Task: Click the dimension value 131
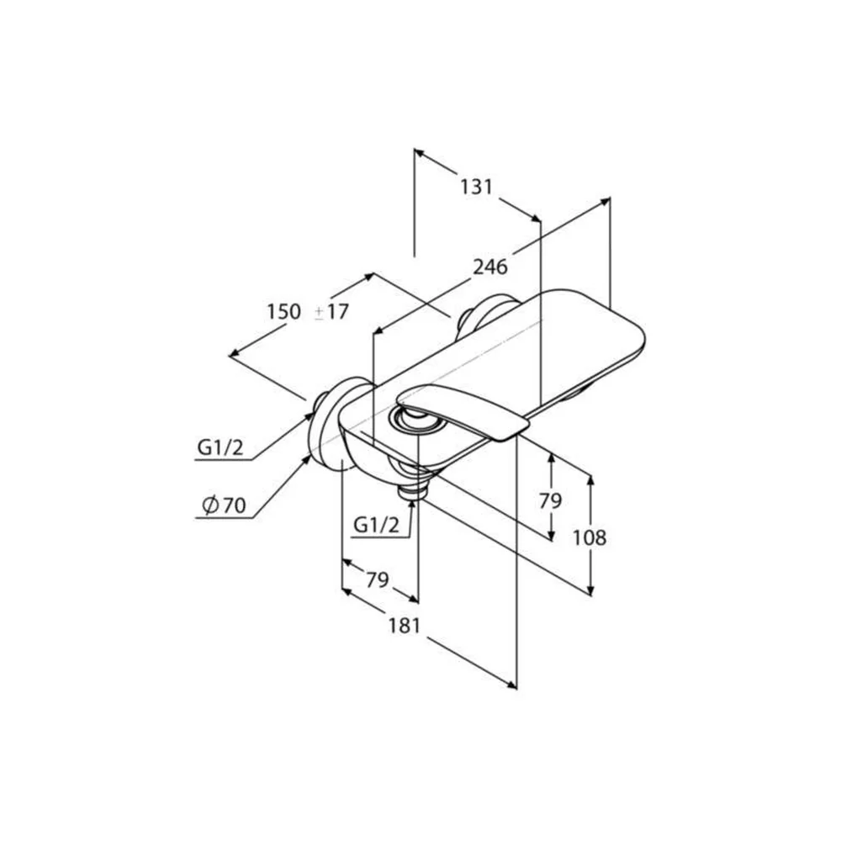(x=476, y=187)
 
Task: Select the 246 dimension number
(x=489, y=266)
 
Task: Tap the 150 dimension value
(x=284, y=311)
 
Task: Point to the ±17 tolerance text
(x=331, y=312)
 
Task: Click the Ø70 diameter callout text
(x=224, y=505)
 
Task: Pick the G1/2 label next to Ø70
(x=220, y=447)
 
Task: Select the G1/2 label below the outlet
(x=377, y=525)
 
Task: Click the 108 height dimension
(x=590, y=537)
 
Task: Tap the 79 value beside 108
(x=550, y=501)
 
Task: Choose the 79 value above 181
(x=377, y=579)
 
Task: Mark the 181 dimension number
(x=404, y=626)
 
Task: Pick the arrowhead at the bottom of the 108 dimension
(x=590, y=590)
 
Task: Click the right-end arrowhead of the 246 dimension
(x=605, y=201)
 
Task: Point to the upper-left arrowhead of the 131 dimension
(x=420, y=153)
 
